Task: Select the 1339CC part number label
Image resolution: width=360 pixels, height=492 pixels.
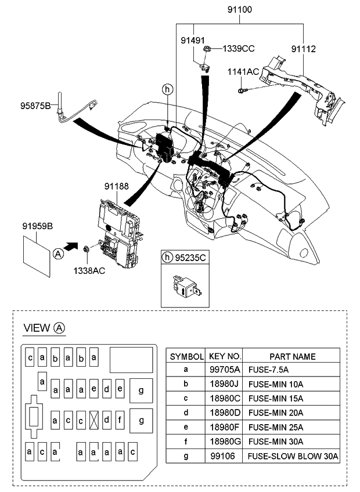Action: coord(239,48)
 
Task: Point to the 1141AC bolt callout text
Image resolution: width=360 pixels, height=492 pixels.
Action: coord(243,71)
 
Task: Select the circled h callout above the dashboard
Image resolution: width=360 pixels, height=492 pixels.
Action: coord(167,89)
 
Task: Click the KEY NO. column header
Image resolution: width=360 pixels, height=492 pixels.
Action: coord(224,356)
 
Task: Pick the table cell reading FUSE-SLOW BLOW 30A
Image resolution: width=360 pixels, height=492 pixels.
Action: coord(293,457)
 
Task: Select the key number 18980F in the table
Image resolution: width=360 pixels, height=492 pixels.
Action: coord(224,428)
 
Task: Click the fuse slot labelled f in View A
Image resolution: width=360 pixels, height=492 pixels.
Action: coord(119,419)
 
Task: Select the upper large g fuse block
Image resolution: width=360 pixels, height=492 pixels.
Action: coord(141,390)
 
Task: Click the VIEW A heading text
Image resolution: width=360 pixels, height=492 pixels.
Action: coord(44,328)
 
